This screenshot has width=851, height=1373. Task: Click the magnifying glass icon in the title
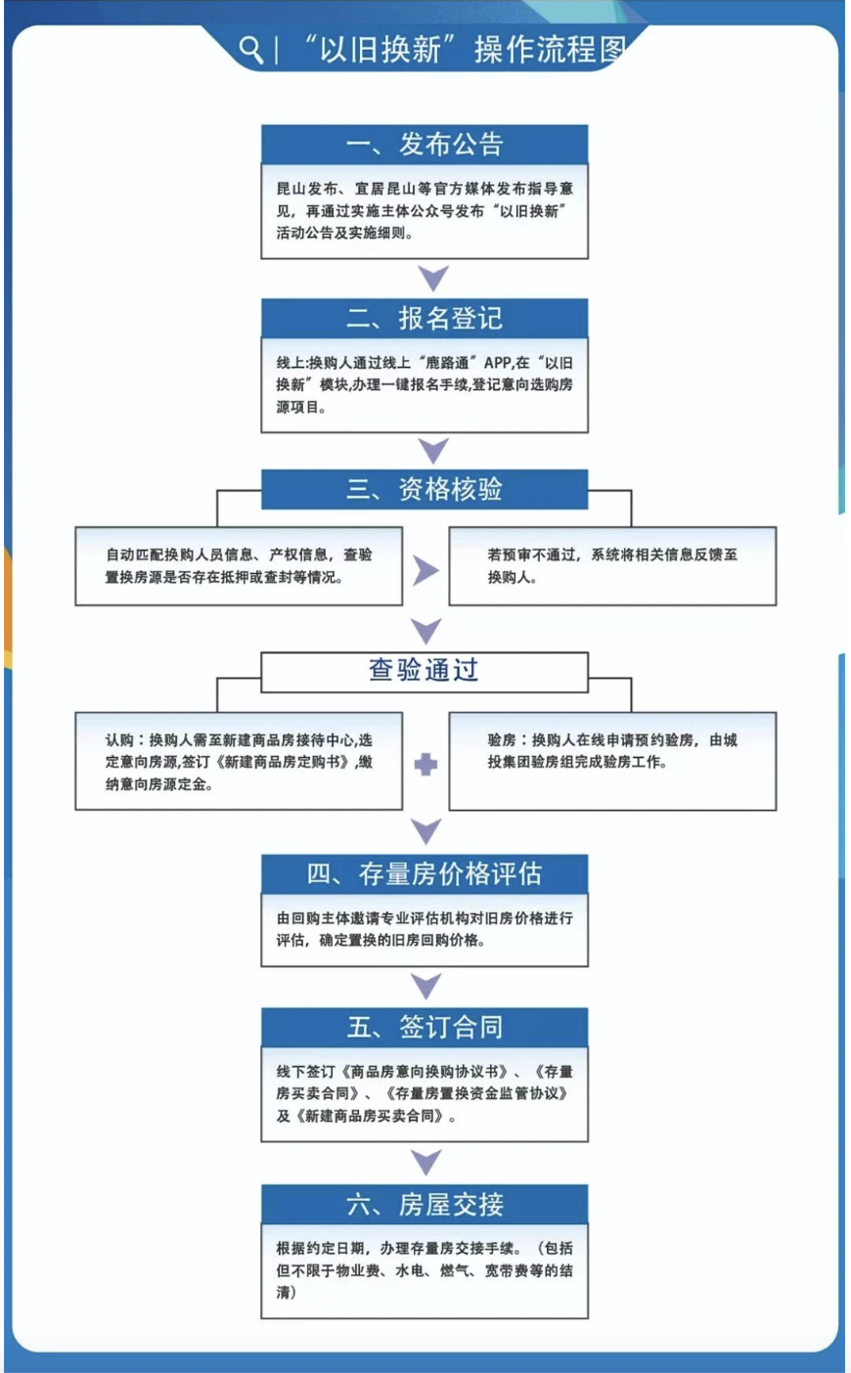250,49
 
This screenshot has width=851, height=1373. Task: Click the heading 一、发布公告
424,145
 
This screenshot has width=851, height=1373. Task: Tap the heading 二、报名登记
424,318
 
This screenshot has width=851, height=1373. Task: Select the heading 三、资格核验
424,489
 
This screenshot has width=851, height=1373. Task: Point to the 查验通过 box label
424,670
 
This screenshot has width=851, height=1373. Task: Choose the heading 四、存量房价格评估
424,873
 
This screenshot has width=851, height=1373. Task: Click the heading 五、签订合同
424,1027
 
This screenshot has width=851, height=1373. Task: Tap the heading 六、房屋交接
424,1204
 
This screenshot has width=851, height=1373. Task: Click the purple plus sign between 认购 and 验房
425,765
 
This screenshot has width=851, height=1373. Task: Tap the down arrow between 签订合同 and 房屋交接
425,1162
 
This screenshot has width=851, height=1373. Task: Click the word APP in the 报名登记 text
498,363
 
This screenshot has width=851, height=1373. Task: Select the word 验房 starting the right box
501,740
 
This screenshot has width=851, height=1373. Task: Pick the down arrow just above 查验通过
425,631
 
